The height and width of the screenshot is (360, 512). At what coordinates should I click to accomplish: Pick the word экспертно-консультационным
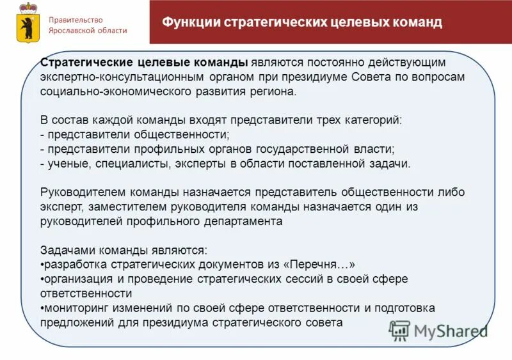[122, 77]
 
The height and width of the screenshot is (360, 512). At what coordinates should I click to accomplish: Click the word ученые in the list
[65, 163]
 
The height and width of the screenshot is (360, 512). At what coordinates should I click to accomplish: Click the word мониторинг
[76, 308]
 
